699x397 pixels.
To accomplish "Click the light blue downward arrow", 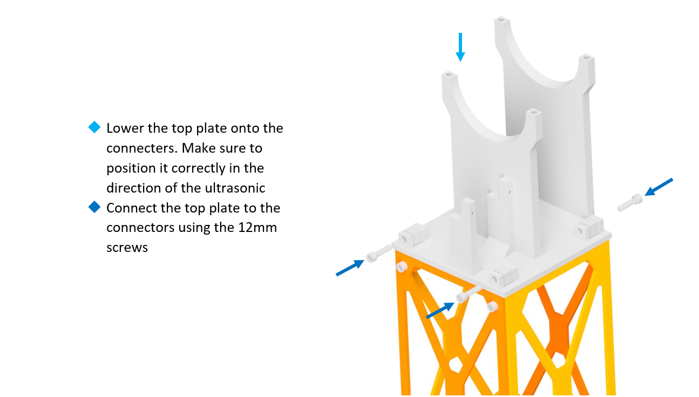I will (460, 46).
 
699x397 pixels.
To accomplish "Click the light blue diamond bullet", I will (94, 128).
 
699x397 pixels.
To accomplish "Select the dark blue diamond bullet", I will (94, 207).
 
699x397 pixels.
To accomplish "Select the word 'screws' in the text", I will (127, 248).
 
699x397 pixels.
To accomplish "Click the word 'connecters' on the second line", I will (137, 148).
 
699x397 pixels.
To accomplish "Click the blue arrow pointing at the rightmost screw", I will (659, 187).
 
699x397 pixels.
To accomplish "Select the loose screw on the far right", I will (629, 203).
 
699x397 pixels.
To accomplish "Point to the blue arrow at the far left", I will (350, 267).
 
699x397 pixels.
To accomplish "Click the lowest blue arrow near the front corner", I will (439, 310).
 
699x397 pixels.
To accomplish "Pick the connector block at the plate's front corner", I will (502, 277).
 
